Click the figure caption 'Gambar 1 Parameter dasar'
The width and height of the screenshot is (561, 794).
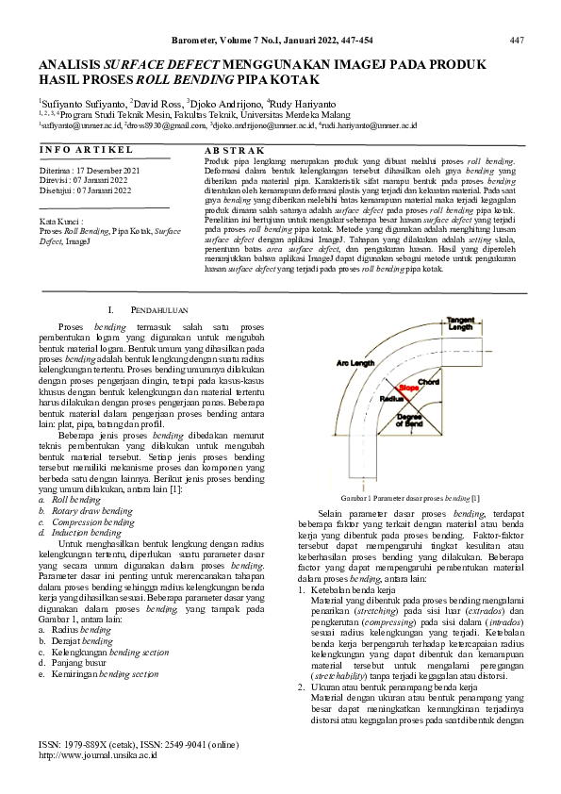pos(411,497)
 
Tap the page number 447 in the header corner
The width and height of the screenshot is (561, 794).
pos(516,40)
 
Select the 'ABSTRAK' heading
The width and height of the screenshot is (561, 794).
pos(230,150)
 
